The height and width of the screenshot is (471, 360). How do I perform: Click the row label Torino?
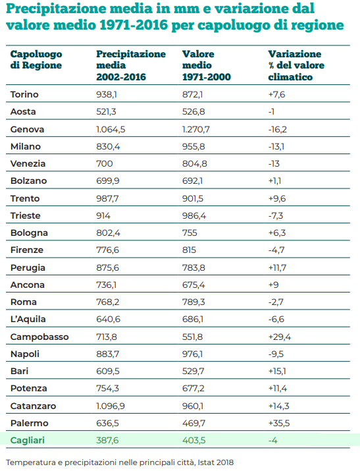(x=24, y=94)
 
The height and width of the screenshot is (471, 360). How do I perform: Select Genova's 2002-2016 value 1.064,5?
(x=111, y=130)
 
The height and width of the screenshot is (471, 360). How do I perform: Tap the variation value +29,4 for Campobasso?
(x=279, y=337)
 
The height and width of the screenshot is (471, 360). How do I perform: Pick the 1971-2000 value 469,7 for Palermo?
(x=193, y=423)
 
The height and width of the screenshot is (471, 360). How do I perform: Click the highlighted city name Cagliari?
(x=27, y=441)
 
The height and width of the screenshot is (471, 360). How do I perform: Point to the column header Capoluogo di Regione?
(x=36, y=59)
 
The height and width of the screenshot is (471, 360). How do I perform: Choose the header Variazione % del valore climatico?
(x=296, y=65)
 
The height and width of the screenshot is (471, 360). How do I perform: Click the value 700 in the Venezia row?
(x=105, y=164)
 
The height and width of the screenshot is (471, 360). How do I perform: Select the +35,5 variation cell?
(x=278, y=423)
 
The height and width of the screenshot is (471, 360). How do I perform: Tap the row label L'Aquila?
(x=28, y=319)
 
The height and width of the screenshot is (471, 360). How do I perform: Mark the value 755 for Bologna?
(x=190, y=233)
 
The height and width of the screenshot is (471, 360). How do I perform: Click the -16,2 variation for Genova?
(x=278, y=130)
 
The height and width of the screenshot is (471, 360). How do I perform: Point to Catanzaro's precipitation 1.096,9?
(x=110, y=406)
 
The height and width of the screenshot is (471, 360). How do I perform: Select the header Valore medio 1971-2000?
(x=207, y=65)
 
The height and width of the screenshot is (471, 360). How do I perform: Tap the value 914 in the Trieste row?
(x=103, y=215)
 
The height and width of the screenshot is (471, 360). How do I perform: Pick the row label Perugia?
(x=28, y=267)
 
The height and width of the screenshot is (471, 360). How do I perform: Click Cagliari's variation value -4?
(x=272, y=440)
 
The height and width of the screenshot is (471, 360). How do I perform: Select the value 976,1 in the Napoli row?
(x=192, y=354)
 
